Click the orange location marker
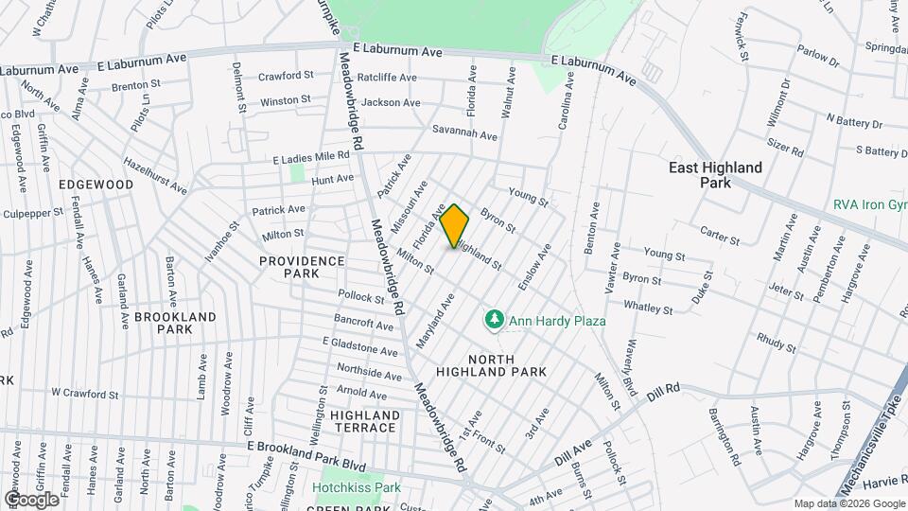pos(454,226)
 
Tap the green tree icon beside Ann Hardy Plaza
pos(493,322)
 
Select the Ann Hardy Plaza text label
pos(557,322)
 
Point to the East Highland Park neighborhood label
pos(715,174)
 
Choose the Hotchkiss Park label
pos(357,488)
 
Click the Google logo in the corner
pos(31,499)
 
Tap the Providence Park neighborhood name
pos(302,266)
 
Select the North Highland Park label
pos(505,365)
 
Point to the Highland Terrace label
pos(364,421)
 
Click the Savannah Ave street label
pos(464,134)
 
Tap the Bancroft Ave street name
pos(365,325)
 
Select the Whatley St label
pos(648,307)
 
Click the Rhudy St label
pos(777,343)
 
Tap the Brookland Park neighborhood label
pos(175,323)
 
